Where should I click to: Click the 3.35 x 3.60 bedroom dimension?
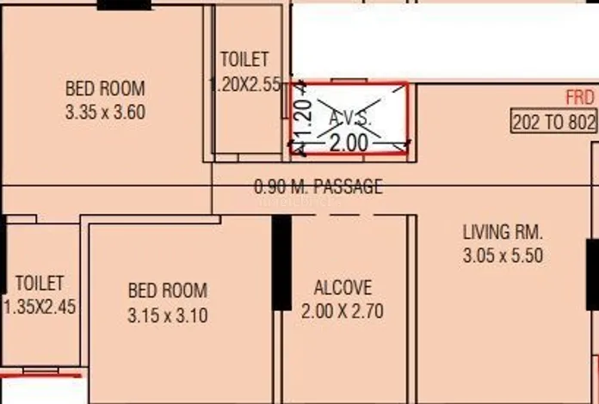click(x=105, y=113)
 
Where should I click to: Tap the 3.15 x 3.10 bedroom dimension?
click(x=168, y=315)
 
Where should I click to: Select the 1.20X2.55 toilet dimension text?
click(x=246, y=84)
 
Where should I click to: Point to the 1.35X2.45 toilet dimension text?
click(x=40, y=307)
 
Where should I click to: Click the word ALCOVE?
click(x=343, y=288)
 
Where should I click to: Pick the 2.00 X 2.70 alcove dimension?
click(x=343, y=311)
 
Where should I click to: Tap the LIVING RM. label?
click(x=503, y=232)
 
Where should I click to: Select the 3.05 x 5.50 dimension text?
click(x=503, y=255)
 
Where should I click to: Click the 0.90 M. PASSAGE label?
click(x=318, y=187)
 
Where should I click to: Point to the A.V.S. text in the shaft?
click(x=350, y=119)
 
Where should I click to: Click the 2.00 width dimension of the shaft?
click(x=349, y=144)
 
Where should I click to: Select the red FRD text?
click(x=580, y=98)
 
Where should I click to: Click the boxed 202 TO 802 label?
click(x=554, y=122)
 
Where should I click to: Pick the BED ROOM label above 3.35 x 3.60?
click(x=105, y=89)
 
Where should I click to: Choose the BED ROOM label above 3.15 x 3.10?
click(x=168, y=291)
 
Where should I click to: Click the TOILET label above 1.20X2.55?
click(x=244, y=59)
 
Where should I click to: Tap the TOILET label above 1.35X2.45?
click(x=40, y=284)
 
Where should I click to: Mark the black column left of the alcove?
click(x=281, y=263)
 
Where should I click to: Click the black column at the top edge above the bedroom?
click(x=124, y=5)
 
